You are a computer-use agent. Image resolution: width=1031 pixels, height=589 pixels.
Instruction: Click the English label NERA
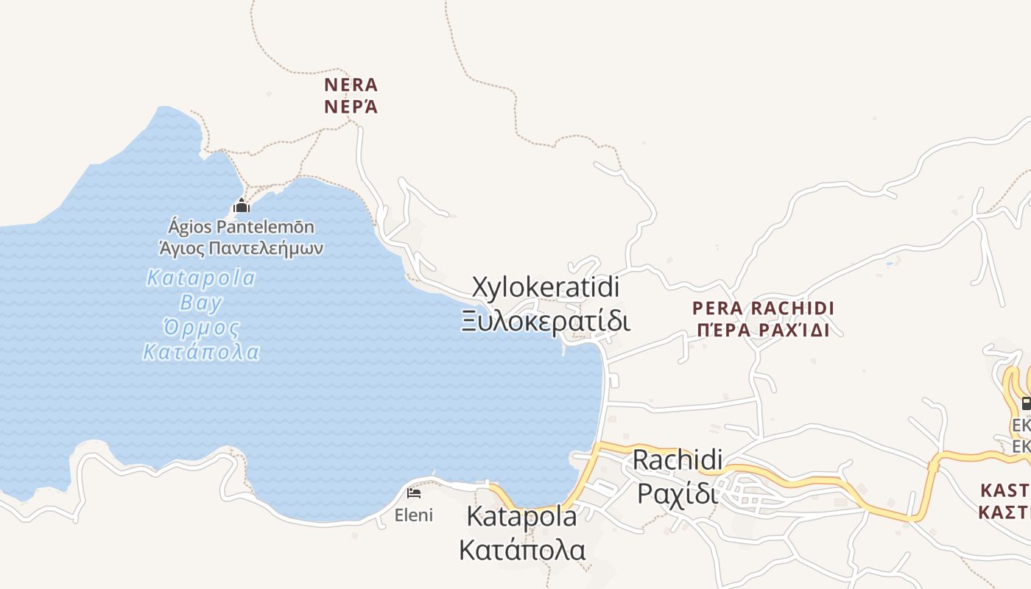351,85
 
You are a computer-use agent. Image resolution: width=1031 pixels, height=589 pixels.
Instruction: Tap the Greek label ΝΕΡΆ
351,107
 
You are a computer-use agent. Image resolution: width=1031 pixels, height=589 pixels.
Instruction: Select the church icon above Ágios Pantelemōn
242,206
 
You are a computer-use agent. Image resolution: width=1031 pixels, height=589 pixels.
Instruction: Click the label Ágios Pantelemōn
241,227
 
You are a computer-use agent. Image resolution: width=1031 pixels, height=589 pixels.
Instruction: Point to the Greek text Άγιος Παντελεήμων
241,247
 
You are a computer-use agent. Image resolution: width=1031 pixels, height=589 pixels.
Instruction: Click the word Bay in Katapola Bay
201,303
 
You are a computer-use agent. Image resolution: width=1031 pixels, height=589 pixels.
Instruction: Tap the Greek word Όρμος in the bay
201,328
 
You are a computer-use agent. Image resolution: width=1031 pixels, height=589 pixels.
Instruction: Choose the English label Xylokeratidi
545,287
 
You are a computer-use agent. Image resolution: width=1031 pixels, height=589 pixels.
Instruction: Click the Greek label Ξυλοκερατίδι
546,321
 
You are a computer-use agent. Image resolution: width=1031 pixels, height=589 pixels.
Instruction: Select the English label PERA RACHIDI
763,308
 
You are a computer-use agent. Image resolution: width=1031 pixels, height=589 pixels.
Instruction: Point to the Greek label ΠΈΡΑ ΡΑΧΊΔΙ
763,331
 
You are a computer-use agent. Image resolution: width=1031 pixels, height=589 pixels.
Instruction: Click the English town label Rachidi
678,459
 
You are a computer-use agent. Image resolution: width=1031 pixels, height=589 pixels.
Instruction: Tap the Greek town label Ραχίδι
678,493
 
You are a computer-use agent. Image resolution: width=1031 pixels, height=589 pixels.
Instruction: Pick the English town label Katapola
521,516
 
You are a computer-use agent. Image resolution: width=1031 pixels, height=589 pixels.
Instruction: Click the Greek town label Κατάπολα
521,549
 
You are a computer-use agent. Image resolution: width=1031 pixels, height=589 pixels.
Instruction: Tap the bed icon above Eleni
414,493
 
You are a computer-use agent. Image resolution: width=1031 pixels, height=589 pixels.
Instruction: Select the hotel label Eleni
414,515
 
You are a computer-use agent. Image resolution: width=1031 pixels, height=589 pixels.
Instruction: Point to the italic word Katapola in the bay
201,278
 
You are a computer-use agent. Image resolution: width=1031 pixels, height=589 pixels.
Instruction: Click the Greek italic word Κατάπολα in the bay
201,352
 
